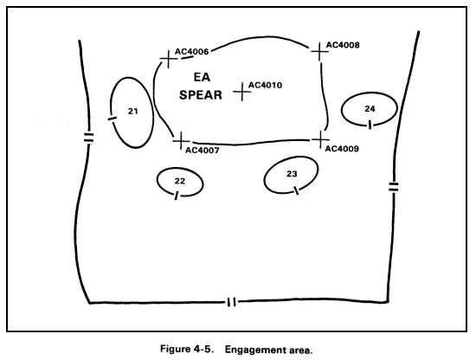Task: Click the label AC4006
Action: [x=191, y=51]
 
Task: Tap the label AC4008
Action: [x=343, y=45]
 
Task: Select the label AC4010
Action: [x=266, y=85]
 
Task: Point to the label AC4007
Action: [x=203, y=151]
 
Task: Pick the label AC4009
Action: [x=342, y=149]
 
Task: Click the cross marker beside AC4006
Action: [x=168, y=59]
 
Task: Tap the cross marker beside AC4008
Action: [x=319, y=52]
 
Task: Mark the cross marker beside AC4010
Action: [x=242, y=92]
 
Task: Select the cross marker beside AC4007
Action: [x=181, y=141]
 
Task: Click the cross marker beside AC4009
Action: [x=320, y=139]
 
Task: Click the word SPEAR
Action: [x=201, y=95]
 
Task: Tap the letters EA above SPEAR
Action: [x=202, y=77]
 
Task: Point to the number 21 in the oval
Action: [x=132, y=112]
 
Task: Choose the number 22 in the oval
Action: [x=180, y=181]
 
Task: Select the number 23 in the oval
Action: [x=292, y=174]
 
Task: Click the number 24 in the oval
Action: [x=370, y=109]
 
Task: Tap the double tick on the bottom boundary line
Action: [x=231, y=302]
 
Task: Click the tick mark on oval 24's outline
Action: [x=370, y=125]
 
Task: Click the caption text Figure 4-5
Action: [x=185, y=349]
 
